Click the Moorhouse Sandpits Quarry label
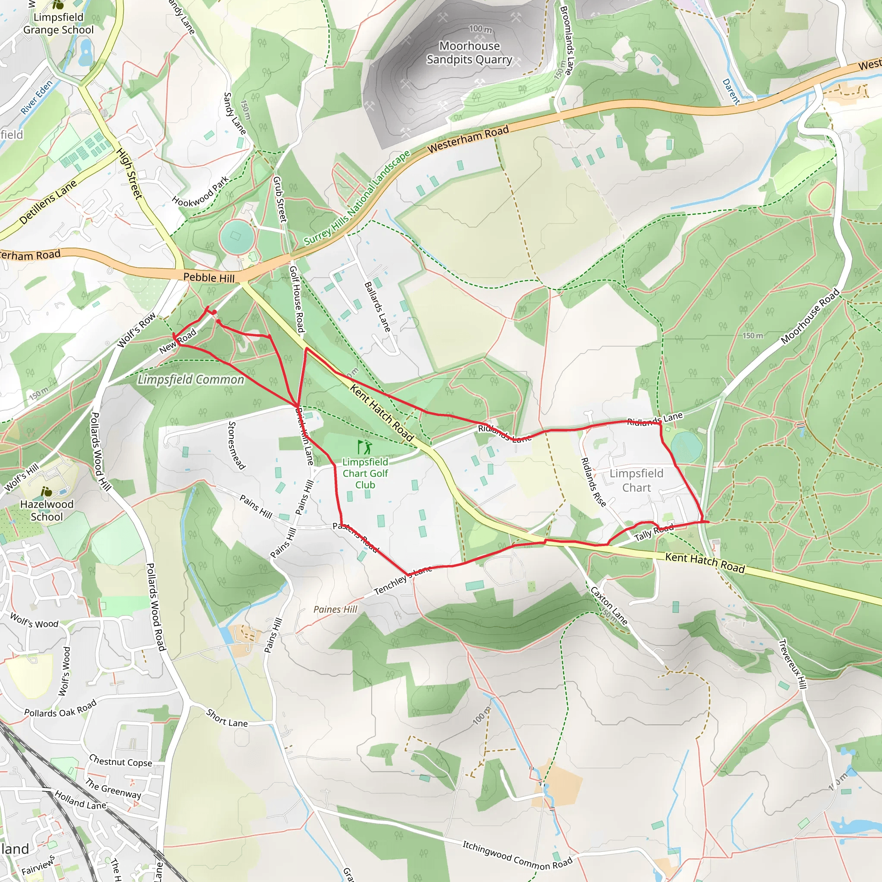(x=469, y=53)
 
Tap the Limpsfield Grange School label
(x=58, y=23)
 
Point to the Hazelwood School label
(x=47, y=510)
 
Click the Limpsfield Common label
(x=191, y=379)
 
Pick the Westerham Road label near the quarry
(x=468, y=139)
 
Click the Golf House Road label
(x=297, y=299)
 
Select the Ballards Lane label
(x=378, y=306)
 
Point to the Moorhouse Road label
(x=810, y=316)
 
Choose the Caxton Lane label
(x=609, y=606)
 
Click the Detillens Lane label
(x=48, y=202)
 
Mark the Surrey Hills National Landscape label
(x=357, y=198)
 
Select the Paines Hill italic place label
(x=335, y=609)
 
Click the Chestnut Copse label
(x=121, y=761)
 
